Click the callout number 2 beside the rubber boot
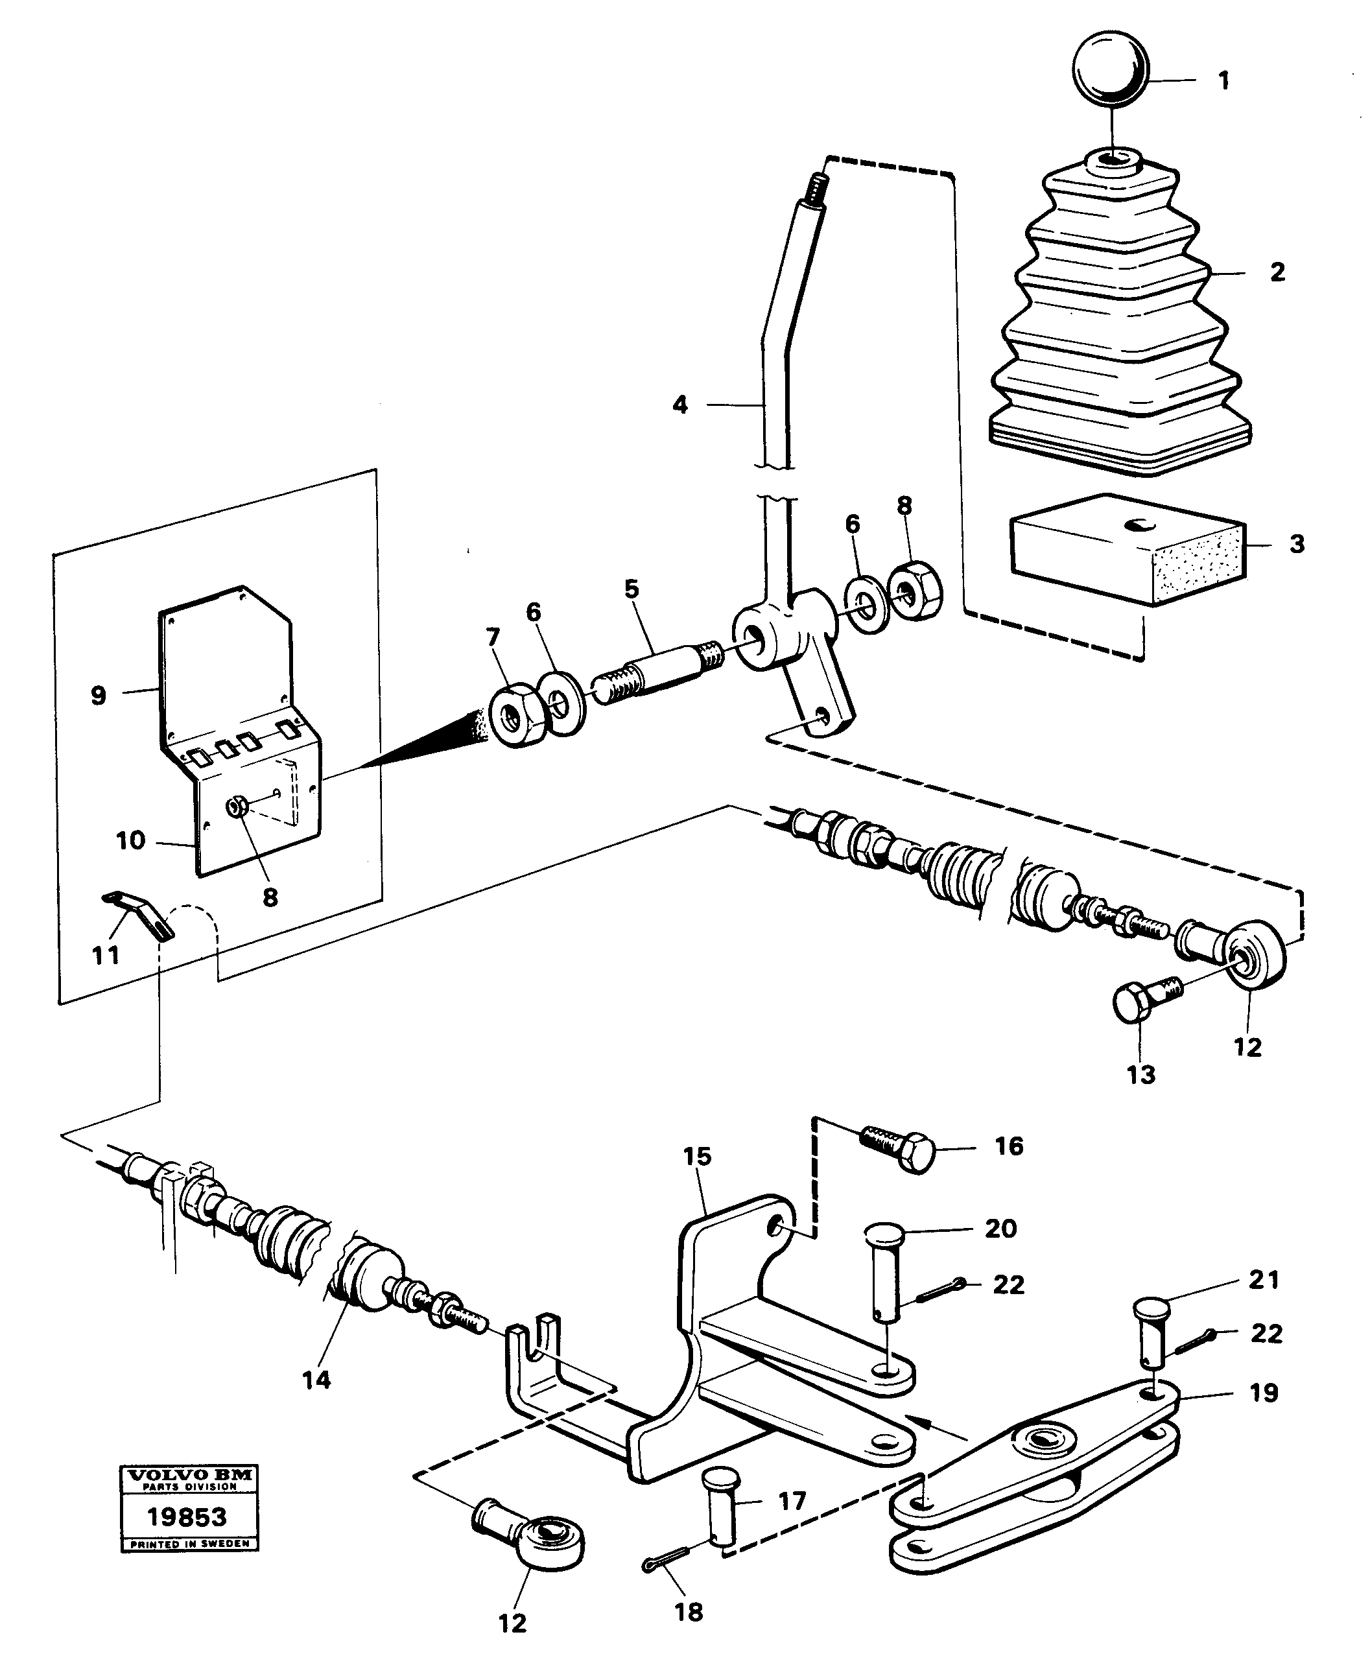coord(1277,272)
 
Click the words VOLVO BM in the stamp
coord(189,1474)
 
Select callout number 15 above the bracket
coord(697,1157)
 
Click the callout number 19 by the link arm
coord(1264,1393)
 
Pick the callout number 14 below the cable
coord(316,1379)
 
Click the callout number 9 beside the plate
coord(98,695)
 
